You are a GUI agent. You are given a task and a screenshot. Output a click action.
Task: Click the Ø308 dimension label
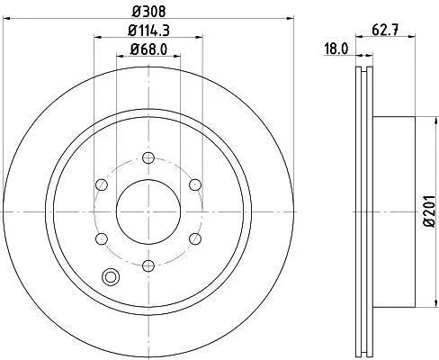(148, 12)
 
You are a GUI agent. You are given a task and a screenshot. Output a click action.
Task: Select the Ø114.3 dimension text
(148, 31)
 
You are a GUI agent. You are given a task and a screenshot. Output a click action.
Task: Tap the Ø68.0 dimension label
(148, 49)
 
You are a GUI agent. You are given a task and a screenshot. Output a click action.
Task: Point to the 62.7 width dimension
(385, 31)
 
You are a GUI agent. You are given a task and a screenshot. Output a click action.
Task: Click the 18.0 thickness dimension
(336, 49)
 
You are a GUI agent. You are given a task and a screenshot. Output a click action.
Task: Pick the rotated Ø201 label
(429, 211)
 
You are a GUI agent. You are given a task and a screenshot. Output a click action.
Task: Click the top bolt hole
(148, 157)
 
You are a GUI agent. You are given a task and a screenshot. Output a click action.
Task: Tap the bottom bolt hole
(148, 265)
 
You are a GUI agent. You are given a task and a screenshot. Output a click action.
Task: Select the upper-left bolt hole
(102, 184)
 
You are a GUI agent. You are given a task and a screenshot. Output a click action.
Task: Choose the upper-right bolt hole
(195, 184)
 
